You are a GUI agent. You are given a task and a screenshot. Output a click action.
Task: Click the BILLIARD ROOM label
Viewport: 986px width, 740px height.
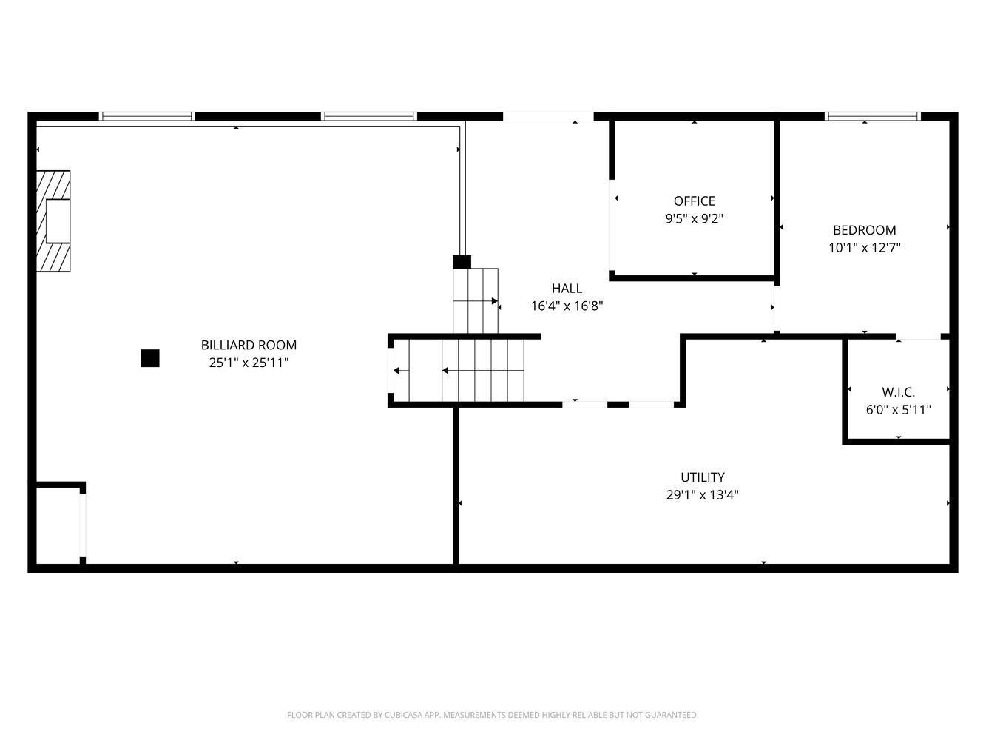[x=249, y=345]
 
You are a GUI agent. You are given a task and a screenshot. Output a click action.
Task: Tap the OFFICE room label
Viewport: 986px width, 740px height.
[x=694, y=201]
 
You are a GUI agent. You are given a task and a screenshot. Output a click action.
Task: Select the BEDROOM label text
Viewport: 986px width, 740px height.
[x=864, y=230]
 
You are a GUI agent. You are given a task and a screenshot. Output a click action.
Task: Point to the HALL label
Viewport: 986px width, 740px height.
[x=567, y=288]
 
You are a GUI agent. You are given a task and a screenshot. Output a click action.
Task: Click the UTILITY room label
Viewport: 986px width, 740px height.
[x=703, y=477]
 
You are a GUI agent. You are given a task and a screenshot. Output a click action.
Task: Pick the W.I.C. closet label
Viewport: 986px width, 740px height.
[x=899, y=392]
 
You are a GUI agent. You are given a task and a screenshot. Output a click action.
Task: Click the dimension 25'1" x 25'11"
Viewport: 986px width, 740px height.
[x=249, y=363]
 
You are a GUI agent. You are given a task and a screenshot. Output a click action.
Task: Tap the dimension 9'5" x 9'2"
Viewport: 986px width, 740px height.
[x=694, y=218]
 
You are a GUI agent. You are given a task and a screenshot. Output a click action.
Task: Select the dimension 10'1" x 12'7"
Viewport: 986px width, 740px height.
[x=864, y=248]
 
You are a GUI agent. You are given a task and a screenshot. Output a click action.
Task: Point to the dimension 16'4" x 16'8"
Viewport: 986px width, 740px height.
[x=567, y=306]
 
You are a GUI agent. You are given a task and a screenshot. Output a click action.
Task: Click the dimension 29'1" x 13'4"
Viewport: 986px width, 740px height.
[x=703, y=494]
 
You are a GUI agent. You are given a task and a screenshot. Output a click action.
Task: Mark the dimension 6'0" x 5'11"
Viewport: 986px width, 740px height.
[x=899, y=410]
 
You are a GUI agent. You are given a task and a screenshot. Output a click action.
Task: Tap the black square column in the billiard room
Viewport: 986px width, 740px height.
[x=150, y=358]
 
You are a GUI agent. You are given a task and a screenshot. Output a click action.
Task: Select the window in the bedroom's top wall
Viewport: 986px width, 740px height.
[x=873, y=116]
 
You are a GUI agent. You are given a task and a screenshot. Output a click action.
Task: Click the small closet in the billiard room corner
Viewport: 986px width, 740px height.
[x=58, y=525]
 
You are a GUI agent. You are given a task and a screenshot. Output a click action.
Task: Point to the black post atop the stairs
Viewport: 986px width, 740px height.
[x=462, y=261]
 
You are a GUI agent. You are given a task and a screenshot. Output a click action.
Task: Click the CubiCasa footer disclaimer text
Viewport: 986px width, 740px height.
[x=493, y=715]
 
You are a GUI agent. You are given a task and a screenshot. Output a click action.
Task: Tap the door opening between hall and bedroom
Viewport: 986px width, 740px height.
[x=776, y=309]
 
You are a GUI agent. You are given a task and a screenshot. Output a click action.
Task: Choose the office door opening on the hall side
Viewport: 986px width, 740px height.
[x=612, y=225]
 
